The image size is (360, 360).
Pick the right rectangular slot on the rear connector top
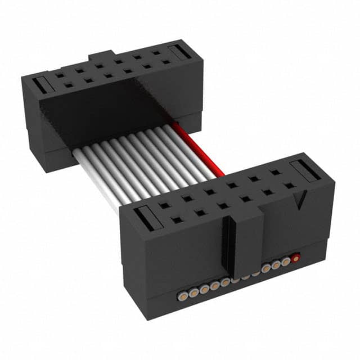[181, 52]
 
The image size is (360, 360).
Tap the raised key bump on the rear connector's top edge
[101, 56]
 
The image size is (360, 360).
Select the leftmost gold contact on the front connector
[183, 294]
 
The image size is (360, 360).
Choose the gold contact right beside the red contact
[286, 262]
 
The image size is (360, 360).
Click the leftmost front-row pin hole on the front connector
[178, 220]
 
